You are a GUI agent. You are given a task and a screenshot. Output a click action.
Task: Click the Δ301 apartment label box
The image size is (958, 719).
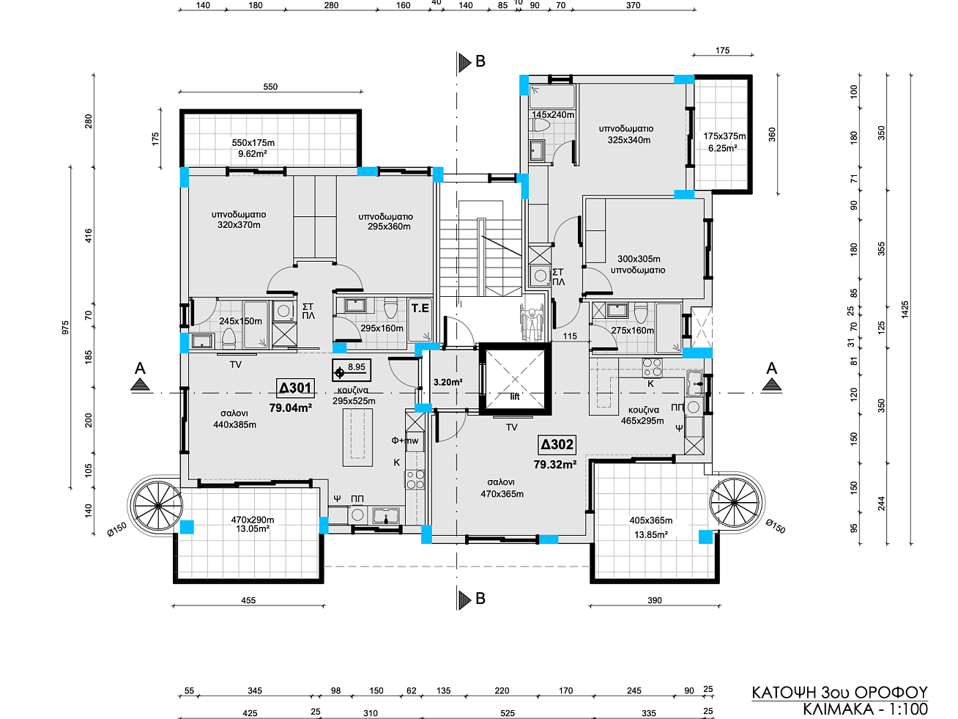295,388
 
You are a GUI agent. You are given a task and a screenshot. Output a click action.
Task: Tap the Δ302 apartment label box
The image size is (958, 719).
557,444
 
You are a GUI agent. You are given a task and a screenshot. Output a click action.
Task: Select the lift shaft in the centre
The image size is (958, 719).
515,379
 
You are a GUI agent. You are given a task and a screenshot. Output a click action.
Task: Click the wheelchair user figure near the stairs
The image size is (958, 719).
532,324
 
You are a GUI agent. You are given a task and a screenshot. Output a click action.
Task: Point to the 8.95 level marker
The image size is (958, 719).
352,370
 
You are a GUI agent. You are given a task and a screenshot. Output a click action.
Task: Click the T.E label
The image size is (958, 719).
420,309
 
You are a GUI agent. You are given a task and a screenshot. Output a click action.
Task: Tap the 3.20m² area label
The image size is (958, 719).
448,383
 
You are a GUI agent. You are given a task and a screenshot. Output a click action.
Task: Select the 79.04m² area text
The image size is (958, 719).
290,408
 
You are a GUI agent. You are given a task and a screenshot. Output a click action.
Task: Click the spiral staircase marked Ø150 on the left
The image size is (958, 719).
158,506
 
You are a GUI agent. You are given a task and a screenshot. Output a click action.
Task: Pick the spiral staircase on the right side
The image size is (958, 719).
735,502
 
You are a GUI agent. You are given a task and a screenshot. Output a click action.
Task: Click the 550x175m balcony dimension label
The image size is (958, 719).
253,143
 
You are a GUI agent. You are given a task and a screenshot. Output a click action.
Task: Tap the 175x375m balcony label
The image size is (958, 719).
724,136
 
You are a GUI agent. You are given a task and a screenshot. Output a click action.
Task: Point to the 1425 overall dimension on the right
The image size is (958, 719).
905,309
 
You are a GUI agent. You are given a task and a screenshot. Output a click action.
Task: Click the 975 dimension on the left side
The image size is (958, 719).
65,328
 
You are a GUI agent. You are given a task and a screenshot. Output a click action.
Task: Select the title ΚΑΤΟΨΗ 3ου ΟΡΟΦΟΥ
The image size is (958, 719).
839,693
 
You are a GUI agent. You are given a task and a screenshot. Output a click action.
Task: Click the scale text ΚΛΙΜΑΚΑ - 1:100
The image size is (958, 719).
865,709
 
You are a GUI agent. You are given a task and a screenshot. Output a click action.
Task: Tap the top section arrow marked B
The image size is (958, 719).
464,62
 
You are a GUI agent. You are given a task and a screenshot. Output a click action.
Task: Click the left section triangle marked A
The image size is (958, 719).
140,384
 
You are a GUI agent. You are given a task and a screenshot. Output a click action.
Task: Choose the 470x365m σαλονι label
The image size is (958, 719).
502,488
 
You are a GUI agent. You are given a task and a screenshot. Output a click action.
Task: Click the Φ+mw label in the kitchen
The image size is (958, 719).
404,440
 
